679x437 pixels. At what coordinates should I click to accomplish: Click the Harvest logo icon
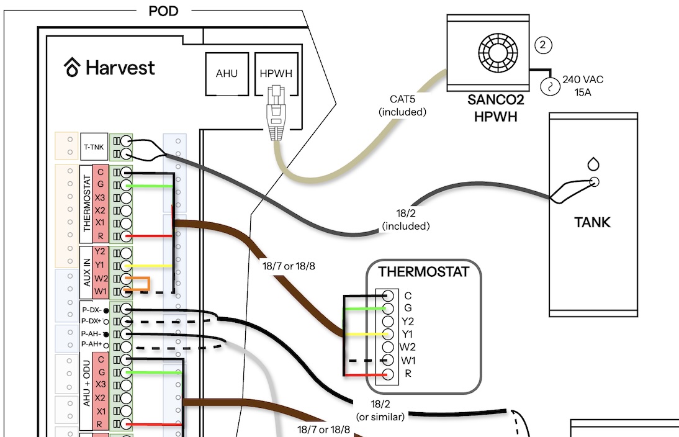[x=73, y=67]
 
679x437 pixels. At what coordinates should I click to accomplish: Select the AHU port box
[x=227, y=74]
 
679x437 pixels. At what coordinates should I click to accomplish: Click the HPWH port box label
[x=276, y=74]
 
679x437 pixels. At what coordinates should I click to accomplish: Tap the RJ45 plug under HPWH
[x=276, y=112]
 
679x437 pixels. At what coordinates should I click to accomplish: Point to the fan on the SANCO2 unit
[x=498, y=53]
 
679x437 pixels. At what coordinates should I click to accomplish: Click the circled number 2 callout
[x=544, y=45]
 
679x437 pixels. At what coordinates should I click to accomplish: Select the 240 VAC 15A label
[x=583, y=86]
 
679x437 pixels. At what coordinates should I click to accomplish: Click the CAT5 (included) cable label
[x=402, y=106]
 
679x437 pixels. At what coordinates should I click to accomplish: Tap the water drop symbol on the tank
[x=593, y=164]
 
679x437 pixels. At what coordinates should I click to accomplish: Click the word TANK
[x=592, y=222]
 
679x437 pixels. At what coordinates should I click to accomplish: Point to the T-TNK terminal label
[x=94, y=147]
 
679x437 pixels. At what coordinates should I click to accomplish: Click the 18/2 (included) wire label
[x=406, y=220]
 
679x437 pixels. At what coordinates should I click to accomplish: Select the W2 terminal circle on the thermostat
[x=387, y=347]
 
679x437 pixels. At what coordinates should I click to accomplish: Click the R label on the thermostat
[x=408, y=373]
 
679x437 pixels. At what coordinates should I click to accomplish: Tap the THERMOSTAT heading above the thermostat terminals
[x=423, y=272]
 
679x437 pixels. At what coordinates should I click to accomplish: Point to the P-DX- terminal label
[x=91, y=310]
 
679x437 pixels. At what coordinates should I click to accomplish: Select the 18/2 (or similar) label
[x=380, y=410]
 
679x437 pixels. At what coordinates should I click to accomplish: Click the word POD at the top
[x=163, y=11]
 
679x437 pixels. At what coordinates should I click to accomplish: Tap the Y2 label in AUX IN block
[x=100, y=251]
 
